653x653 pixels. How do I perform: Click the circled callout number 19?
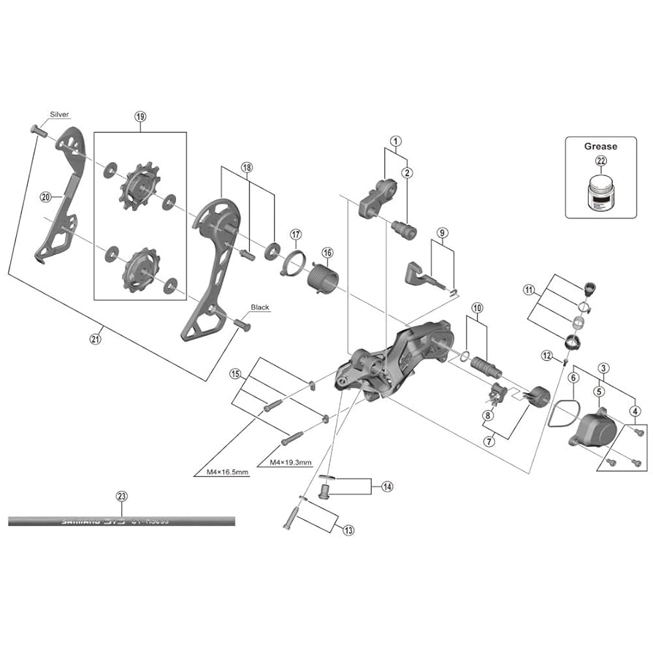point(140,116)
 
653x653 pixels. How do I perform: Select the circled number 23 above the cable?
point(121,497)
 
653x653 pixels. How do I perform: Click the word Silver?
point(59,115)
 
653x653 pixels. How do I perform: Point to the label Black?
point(259,308)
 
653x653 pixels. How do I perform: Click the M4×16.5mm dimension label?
point(222,473)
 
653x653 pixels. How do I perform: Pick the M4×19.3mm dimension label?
point(291,462)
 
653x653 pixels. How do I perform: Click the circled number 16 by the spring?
point(327,253)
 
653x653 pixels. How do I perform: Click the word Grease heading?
point(600,146)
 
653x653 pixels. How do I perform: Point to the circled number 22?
point(600,161)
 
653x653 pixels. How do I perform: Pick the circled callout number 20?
point(45,197)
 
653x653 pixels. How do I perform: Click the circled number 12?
point(548,355)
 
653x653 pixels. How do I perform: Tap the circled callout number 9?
point(442,233)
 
